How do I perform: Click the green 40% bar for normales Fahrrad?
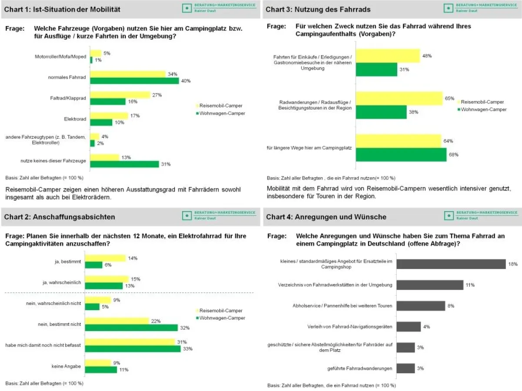pos(134,81)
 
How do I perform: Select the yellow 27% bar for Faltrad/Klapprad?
pos(120,95)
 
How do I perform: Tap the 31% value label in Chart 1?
pos(166,164)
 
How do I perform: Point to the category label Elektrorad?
pos(75,119)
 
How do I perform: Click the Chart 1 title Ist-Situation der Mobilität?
pos(62,9)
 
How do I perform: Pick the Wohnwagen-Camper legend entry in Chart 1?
pos(221,113)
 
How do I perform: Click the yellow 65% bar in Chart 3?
pos(399,98)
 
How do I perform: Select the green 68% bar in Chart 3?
pos(401,155)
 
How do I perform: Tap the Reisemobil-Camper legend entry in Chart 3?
pos(482,102)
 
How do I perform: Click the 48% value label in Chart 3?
pos(427,56)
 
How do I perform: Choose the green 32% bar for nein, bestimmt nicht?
pos(131,328)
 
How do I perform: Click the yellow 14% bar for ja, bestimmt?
pos(105,258)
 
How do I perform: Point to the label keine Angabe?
pos(66,366)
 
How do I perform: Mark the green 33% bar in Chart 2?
pos(133,348)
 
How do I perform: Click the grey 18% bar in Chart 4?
pos(451,264)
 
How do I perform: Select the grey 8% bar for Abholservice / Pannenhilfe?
pos(420,306)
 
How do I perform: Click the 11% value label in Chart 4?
pos(469,285)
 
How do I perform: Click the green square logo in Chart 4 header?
pos(448,216)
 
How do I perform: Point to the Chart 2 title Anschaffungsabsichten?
pos(60,217)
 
